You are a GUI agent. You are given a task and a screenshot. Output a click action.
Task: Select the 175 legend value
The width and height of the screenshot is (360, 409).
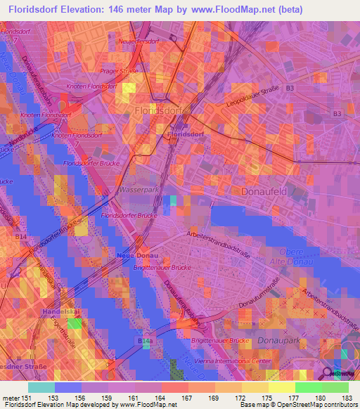269,398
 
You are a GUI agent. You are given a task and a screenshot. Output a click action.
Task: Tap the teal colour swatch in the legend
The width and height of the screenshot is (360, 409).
41,388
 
